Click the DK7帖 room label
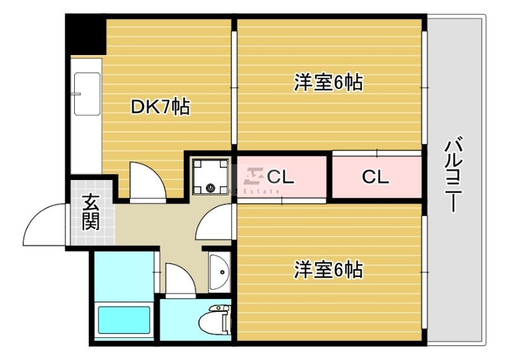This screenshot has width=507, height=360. click(x=160, y=107)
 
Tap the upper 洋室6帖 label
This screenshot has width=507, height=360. click(x=328, y=83)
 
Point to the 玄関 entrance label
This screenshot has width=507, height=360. click(x=91, y=213)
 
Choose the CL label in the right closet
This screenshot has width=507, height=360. click(x=375, y=177)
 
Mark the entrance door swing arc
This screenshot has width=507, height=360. click(x=46, y=223)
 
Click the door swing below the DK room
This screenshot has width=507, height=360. click(x=147, y=181)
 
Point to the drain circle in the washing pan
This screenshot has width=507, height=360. click(x=210, y=188)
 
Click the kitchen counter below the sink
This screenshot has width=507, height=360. click(x=86, y=146)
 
